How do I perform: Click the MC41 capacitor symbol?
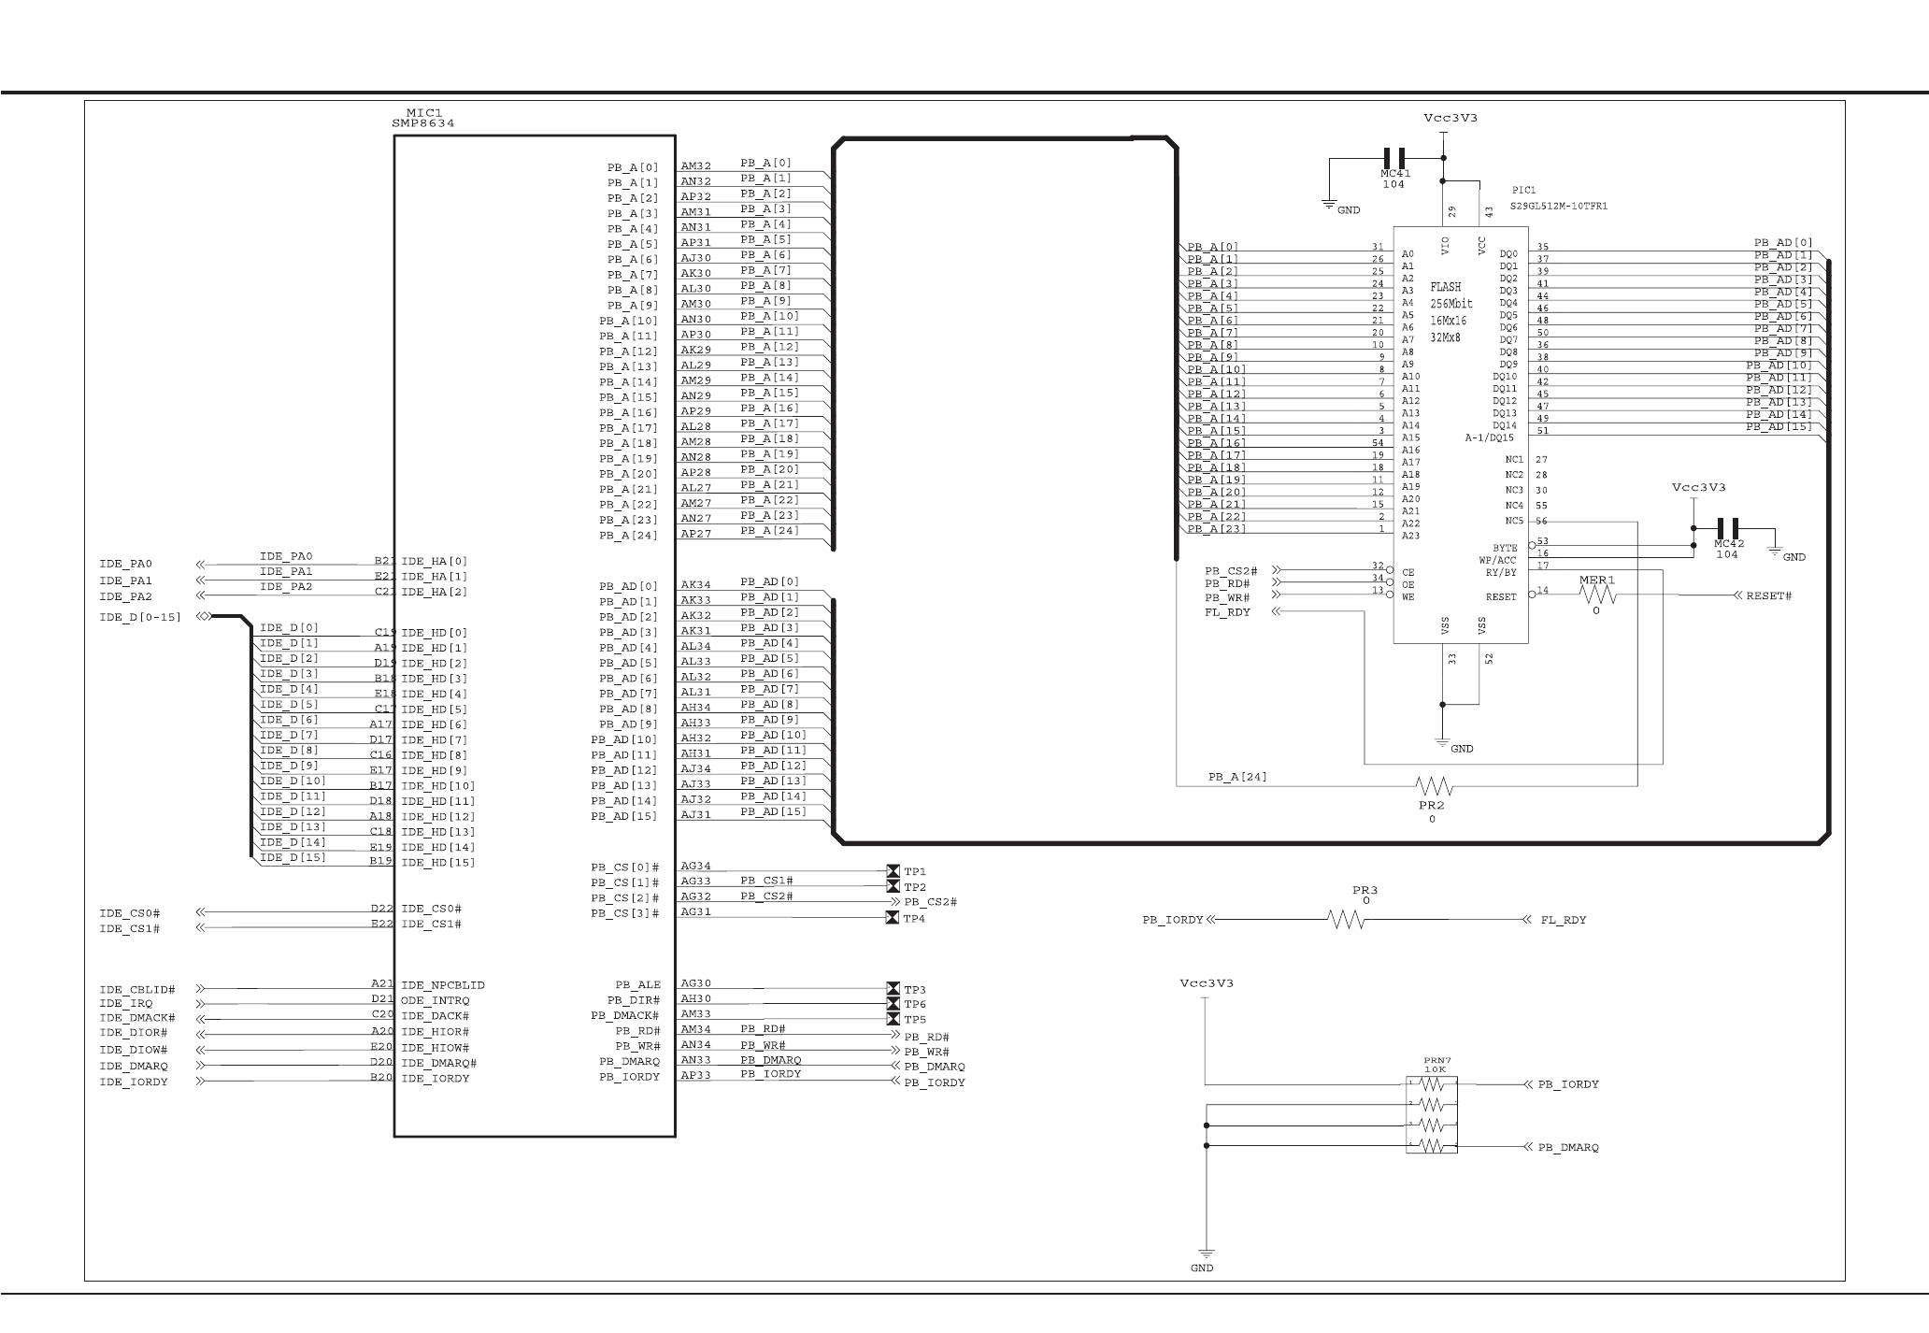1394,158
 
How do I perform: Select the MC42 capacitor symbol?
1728,528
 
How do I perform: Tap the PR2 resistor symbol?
1433,785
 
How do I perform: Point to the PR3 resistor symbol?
1346,920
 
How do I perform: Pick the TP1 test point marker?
892,871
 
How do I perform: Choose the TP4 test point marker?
892,918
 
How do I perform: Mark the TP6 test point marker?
892,1004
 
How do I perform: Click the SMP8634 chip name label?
423,123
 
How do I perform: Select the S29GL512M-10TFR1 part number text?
1558,206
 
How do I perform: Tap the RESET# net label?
1768,595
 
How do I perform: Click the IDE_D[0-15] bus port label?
140,617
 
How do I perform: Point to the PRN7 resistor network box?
1431,1114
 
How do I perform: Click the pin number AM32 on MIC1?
695,166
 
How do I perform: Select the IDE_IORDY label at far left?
134,1082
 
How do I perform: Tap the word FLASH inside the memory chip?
1445,287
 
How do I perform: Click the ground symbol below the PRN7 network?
1206,1254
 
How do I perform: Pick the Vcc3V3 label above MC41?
1450,119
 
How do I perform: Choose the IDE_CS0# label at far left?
129,913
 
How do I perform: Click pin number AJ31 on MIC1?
695,815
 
